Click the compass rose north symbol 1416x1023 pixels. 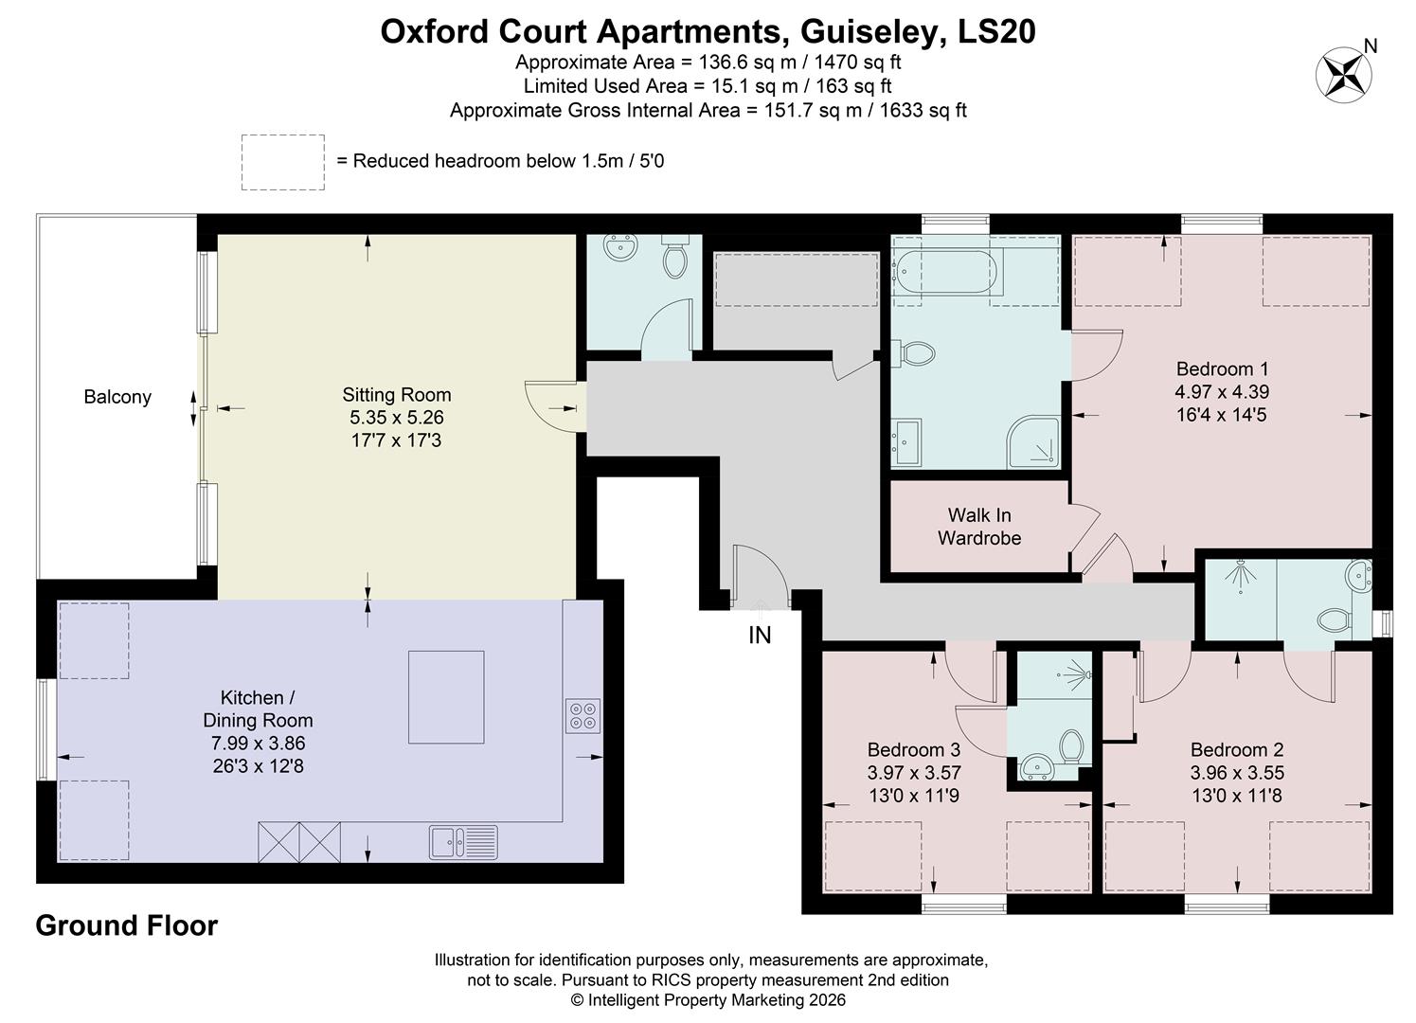click(x=1344, y=74)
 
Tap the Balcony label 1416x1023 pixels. click(x=117, y=397)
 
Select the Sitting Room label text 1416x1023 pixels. click(x=397, y=394)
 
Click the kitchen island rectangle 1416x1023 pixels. click(x=446, y=697)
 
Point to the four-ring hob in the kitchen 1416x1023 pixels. click(x=583, y=715)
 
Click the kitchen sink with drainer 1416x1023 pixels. click(x=463, y=841)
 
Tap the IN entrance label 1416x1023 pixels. click(x=760, y=636)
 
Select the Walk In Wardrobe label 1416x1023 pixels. click(x=979, y=527)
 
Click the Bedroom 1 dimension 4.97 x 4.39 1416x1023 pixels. click(x=1222, y=391)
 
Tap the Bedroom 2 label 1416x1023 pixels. click(x=1237, y=749)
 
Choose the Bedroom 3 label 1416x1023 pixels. click(x=913, y=749)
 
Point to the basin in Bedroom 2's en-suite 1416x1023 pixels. click(x=1359, y=575)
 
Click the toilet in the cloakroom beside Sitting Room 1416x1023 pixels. click(x=675, y=259)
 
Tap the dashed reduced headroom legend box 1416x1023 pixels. click(x=282, y=162)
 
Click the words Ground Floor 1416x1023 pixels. click(x=126, y=925)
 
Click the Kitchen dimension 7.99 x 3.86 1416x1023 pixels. click(x=258, y=744)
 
